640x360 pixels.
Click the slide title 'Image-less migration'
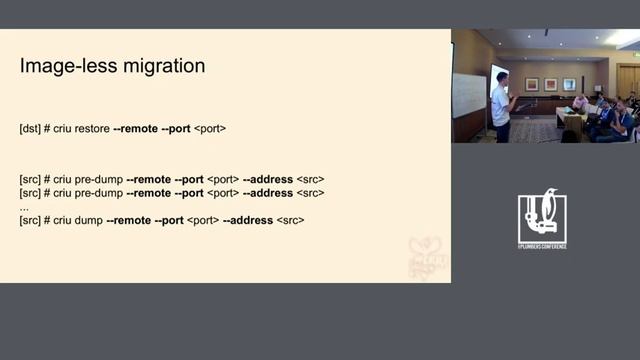(113, 66)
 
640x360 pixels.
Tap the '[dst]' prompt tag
(30, 129)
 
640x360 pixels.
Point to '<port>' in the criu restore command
(209, 129)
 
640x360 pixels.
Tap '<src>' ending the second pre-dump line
(311, 192)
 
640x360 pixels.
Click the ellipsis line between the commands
(24, 206)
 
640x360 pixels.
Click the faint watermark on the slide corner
(427, 257)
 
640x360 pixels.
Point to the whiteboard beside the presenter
(469, 95)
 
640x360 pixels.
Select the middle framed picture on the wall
(550, 84)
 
